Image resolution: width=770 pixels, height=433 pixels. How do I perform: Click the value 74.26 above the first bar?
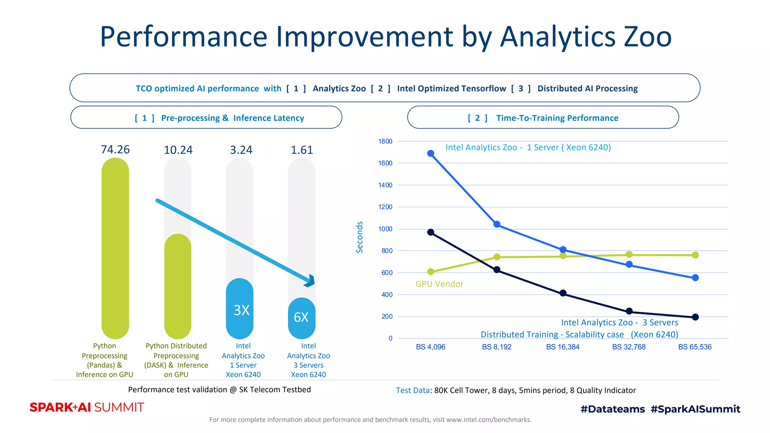[115, 150]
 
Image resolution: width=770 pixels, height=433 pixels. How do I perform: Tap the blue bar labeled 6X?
[302, 318]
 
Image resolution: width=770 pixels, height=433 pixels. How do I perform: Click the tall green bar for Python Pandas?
[115, 248]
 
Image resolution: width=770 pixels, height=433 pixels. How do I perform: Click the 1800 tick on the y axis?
[385, 141]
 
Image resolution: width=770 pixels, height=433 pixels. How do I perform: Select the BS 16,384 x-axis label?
[562, 347]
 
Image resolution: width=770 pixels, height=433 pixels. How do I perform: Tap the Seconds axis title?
[359, 237]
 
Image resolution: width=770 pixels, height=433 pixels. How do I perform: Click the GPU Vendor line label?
[439, 284]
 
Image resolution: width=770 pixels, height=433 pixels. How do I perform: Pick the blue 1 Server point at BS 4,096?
[431, 153]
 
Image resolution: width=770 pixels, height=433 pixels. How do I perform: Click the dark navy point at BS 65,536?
[695, 317]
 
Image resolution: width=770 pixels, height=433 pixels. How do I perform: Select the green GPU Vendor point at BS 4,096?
[431, 271]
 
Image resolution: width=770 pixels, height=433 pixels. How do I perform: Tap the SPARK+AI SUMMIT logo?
[87, 407]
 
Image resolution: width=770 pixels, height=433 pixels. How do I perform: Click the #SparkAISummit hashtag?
[695, 409]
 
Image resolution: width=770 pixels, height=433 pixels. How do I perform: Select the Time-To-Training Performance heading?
[557, 118]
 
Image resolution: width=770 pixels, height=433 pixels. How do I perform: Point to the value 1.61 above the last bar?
[302, 150]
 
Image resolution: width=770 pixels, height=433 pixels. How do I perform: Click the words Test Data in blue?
[412, 391]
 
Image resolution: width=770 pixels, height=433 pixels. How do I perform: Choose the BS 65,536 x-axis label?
[695, 347]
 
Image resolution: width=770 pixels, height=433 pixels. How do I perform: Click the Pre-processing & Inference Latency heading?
[232, 118]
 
